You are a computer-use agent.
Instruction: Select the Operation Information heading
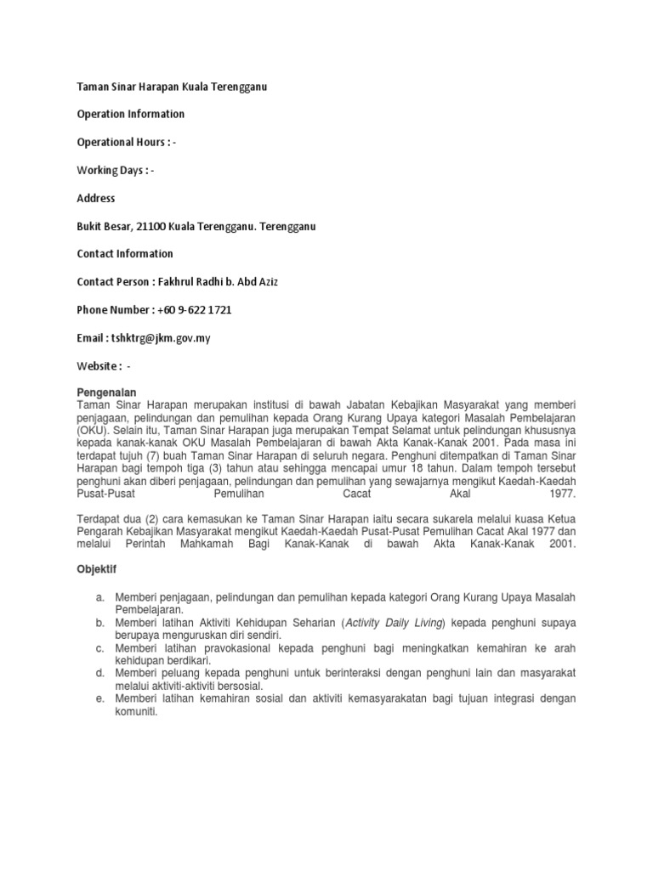point(130,114)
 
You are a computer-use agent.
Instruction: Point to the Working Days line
point(116,170)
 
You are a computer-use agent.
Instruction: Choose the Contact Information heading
point(125,253)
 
